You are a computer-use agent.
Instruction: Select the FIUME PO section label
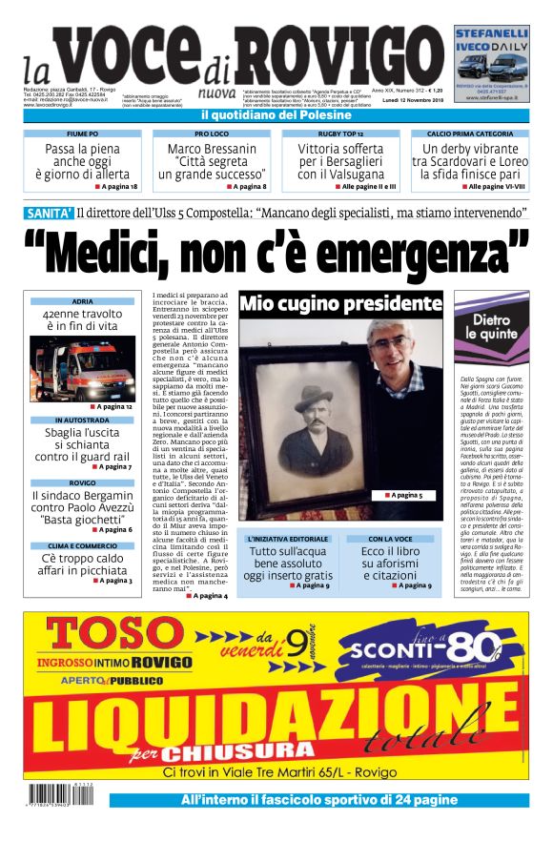pyautogui.click(x=82, y=134)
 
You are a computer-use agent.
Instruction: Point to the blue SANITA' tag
pyautogui.click(x=49, y=214)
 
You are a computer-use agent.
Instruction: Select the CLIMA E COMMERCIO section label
pyautogui.click(x=82, y=545)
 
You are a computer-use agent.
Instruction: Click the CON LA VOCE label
pyautogui.click(x=389, y=540)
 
